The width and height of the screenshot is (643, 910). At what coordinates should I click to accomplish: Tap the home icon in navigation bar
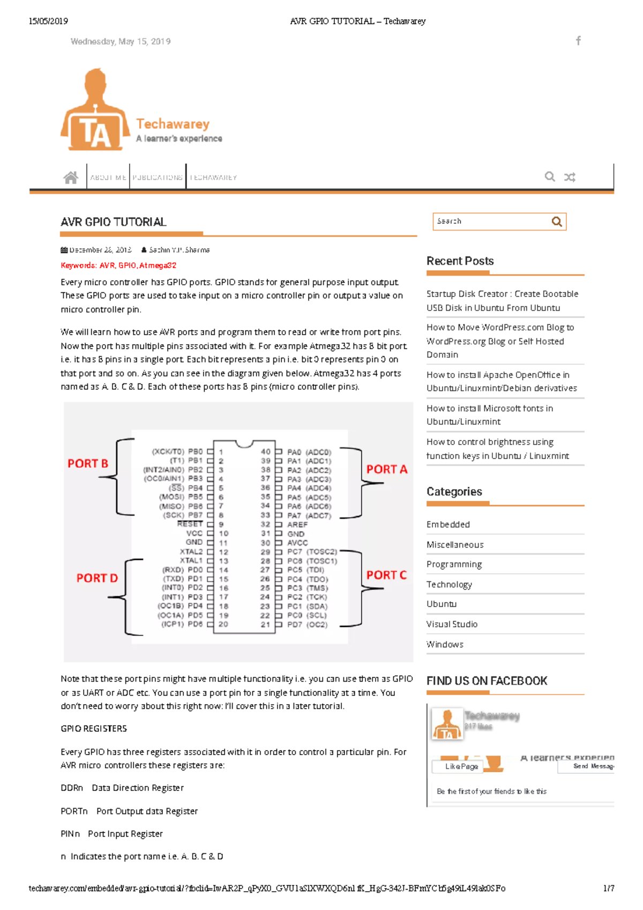[x=71, y=177]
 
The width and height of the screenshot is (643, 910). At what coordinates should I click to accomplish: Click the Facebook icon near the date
[x=578, y=41]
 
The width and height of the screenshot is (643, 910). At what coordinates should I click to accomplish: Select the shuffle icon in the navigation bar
[x=570, y=177]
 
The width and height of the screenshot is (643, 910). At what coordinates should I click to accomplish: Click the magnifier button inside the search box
[x=557, y=221]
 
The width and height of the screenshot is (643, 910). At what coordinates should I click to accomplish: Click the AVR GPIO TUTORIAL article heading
[x=114, y=222]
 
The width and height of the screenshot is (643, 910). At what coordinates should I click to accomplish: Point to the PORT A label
[x=386, y=469]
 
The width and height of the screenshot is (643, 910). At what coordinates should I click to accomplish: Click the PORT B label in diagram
[x=88, y=463]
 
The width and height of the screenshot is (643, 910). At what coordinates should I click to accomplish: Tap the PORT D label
[x=96, y=578]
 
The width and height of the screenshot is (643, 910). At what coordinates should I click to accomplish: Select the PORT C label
[x=386, y=575]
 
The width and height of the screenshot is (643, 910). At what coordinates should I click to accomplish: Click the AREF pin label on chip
[x=297, y=524]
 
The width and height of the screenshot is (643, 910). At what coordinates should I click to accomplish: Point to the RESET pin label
[x=190, y=524]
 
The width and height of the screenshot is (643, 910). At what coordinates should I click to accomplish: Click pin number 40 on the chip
[x=265, y=452]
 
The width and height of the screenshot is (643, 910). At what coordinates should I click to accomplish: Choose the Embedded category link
[x=448, y=524]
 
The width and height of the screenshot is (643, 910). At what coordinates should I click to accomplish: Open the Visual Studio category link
[x=452, y=624]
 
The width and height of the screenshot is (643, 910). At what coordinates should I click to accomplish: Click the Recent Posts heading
[x=460, y=261]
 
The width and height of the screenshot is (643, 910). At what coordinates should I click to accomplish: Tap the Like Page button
[x=461, y=766]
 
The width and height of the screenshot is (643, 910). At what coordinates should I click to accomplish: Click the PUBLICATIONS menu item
[x=158, y=177]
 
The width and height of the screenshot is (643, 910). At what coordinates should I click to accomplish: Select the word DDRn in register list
[x=72, y=788]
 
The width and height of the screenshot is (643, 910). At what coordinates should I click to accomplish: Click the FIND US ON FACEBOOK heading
[x=487, y=681]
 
